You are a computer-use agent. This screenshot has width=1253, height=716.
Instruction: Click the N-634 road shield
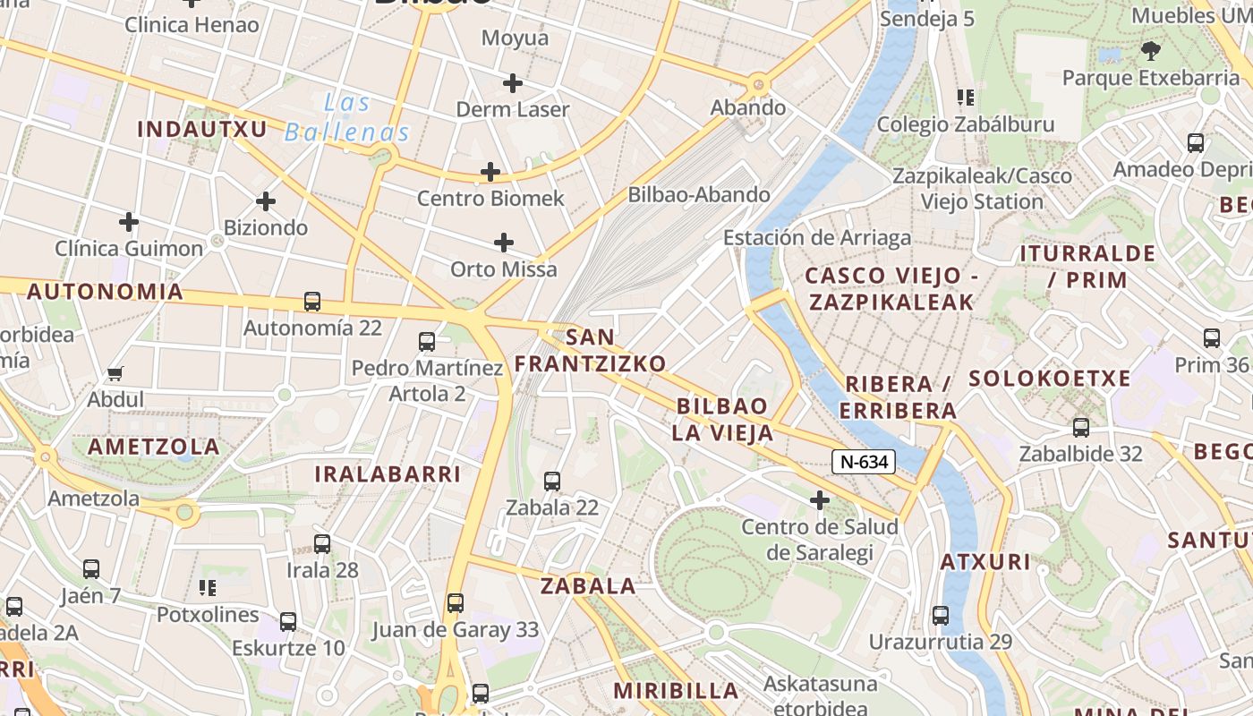[x=863, y=462]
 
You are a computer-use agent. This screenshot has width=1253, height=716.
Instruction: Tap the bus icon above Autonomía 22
[x=312, y=302]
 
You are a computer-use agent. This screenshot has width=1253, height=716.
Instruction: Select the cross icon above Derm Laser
[x=513, y=83]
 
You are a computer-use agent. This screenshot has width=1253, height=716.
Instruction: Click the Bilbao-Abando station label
[x=698, y=194]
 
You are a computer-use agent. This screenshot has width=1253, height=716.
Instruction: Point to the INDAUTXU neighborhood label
[x=202, y=129]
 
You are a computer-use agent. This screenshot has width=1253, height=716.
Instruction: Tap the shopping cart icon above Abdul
[x=115, y=373]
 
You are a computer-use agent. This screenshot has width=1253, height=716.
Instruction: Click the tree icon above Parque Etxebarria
[x=1150, y=51]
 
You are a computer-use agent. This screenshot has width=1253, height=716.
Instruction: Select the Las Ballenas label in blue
[x=346, y=118]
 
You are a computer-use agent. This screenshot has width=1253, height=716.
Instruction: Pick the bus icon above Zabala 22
[x=552, y=482]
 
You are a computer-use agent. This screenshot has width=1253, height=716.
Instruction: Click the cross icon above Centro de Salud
[x=819, y=500]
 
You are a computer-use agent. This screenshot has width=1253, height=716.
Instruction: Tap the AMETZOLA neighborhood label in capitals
[x=154, y=446]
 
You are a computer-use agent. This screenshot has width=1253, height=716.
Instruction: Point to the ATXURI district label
[x=985, y=562]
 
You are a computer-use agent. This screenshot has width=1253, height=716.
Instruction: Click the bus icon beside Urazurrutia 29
[x=940, y=616]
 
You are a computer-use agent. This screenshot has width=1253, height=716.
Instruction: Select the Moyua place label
[x=515, y=38]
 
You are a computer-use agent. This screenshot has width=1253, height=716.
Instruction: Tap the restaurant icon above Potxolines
[x=208, y=588]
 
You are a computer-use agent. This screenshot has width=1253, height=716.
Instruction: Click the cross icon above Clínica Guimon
[x=129, y=221]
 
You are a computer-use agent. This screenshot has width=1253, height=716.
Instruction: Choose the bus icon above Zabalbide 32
[x=1081, y=428]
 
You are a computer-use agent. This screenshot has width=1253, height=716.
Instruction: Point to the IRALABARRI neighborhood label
[x=388, y=473]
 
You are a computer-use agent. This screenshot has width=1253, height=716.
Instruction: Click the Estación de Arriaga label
[x=817, y=237]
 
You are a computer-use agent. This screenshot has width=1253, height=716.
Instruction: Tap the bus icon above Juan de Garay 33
[x=456, y=603]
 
